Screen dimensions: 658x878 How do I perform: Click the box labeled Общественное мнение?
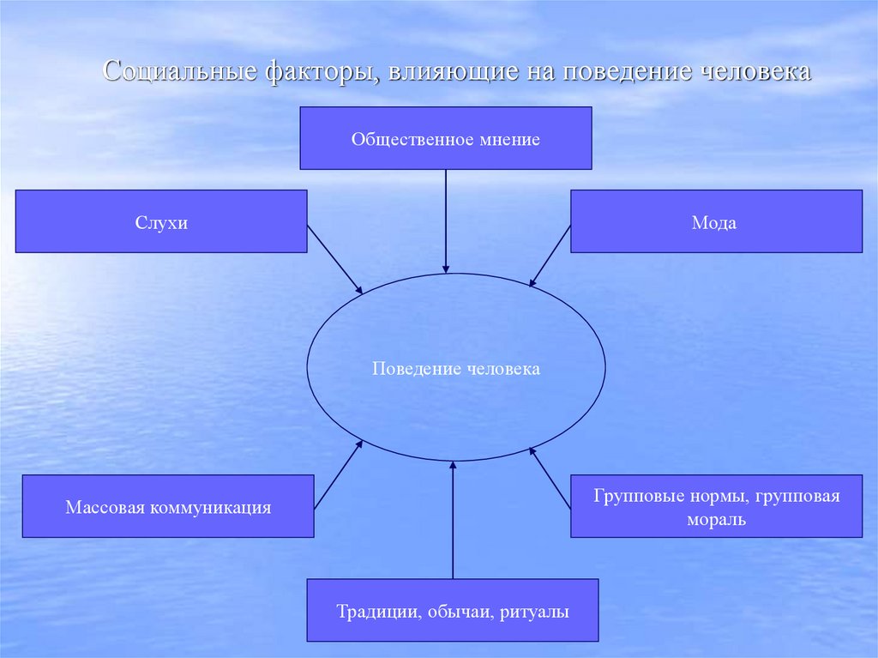445,137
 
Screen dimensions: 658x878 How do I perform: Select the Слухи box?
161,221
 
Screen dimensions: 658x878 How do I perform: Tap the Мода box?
716,221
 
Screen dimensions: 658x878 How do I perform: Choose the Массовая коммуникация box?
168,506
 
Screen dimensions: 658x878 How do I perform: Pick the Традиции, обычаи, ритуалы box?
453,610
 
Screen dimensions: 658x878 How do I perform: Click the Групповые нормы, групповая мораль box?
716,506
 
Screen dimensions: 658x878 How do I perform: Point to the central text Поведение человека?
456,369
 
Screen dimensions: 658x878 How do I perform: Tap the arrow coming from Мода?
550,256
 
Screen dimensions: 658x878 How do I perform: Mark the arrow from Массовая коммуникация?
338,475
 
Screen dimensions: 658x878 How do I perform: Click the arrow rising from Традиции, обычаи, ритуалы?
453,520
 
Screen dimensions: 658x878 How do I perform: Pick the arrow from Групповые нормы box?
550,478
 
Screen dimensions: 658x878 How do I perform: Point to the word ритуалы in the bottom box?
539,612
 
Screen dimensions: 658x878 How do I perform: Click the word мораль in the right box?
716,519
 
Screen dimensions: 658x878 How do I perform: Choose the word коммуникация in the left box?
210,507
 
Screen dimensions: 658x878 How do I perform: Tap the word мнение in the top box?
508,138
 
